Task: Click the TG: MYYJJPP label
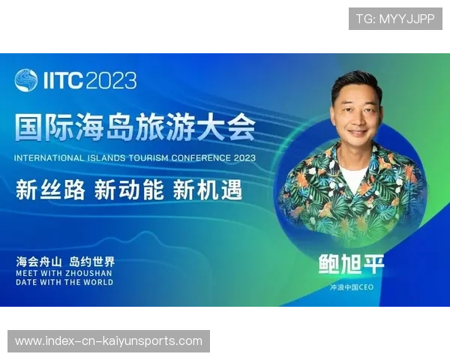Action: pyautogui.click(x=395, y=19)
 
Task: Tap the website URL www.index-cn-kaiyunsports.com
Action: pyautogui.click(x=109, y=341)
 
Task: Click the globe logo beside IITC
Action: pyautogui.click(x=26, y=80)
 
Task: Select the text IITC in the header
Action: pyautogui.click(x=62, y=80)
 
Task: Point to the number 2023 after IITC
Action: pyautogui.click(x=111, y=80)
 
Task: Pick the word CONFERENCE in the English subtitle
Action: pyautogui.click(x=202, y=158)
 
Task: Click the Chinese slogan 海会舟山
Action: pyautogui.click(x=39, y=262)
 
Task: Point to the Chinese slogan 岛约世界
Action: pyautogui.click(x=91, y=262)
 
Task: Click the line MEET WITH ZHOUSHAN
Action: pyautogui.click(x=64, y=274)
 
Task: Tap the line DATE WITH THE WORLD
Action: pyautogui.click(x=64, y=283)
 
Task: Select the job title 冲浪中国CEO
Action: pyautogui.click(x=352, y=287)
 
